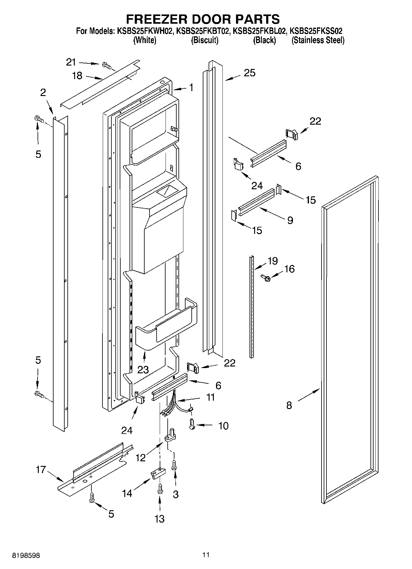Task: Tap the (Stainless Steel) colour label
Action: [318, 40]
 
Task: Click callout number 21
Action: [71, 62]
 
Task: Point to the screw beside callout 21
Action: [106, 65]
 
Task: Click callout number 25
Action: [250, 73]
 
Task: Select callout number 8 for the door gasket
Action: [289, 405]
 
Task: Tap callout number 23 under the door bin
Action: [143, 369]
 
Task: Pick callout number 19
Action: [273, 261]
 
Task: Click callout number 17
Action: [41, 470]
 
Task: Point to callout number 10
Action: [223, 426]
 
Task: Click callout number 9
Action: [290, 220]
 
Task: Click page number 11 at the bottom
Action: [206, 555]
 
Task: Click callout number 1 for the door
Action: [191, 88]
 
